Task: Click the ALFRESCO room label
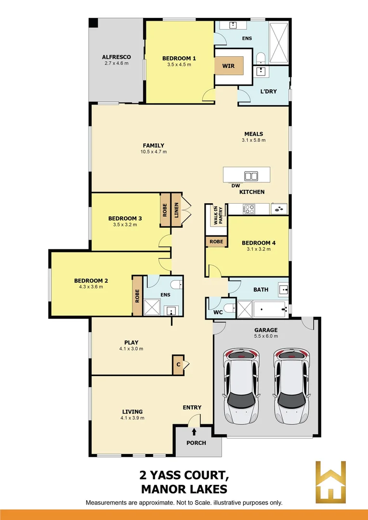[116, 57]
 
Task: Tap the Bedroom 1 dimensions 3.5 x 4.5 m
[179, 65]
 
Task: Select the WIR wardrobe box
[228, 65]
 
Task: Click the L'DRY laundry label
[268, 91]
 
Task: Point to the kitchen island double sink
[251, 176]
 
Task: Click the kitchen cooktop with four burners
[249, 209]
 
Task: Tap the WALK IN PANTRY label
[215, 215]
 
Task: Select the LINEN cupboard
[176, 210]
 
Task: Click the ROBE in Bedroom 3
[165, 210]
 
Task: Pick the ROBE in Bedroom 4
[216, 242]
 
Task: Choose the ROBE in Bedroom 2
[137, 295]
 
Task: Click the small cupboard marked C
[178, 365]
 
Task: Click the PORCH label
[196, 443]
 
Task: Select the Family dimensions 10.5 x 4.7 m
[153, 152]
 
